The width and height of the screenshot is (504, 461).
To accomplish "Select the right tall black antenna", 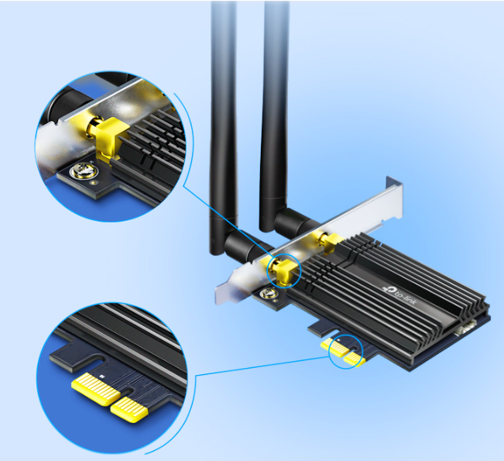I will (274, 108).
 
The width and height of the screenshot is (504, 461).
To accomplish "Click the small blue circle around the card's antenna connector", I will (284, 269).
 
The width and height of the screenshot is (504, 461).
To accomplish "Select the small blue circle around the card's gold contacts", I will (345, 351).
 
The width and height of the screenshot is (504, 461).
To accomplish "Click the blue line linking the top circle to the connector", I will (225, 225).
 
